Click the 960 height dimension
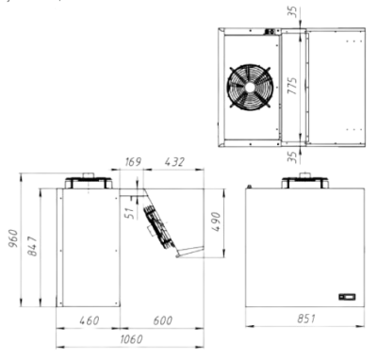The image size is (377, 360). pyautogui.click(x=14, y=238)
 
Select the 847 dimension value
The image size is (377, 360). pyautogui.click(x=33, y=246)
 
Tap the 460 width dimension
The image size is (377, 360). pyautogui.click(x=90, y=320)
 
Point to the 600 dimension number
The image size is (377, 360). pyautogui.click(x=163, y=320)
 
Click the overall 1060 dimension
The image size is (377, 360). pyautogui.click(x=131, y=339)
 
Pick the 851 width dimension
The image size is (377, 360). pyautogui.click(x=306, y=319)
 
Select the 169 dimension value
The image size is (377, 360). pyautogui.click(x=133, y=162)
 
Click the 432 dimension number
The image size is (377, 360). pyautogui.click(x=174, y=162)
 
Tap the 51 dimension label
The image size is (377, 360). pyautogui.click(x=131, y=212)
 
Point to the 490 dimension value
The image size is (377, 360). pyautogui.click(x=217, y=221)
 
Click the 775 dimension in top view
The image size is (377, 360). pyautogui.click(x=292, y=86)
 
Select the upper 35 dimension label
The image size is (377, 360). pyautogui.click(x=292, y=12)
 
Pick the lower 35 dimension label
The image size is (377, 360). pyautogui.click(x=292, y=157)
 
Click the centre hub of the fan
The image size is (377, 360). pyautogui.click(x=250, y=88)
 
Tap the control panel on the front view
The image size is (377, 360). pyautogui.click(x=347, y=297)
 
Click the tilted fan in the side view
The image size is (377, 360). pyautogui.click(x=159, y=227)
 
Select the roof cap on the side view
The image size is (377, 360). pyautogui.click(x=89, y=181)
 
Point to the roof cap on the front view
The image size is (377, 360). pyautogui.click(x=305, y=181)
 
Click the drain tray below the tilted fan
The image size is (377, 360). pyautogui.click(x=189, y=252)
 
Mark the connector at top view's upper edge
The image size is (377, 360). pyautogui.click(x=270, y=32)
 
